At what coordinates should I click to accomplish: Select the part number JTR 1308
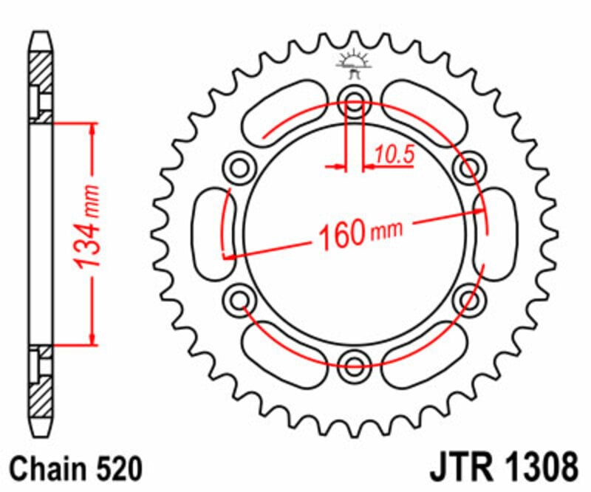502,468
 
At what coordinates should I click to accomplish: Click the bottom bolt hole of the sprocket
355,361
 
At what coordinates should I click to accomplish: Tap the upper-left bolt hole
239,168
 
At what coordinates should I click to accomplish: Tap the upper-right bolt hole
468,168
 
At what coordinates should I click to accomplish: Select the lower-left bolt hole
239,298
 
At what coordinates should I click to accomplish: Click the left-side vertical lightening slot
213,233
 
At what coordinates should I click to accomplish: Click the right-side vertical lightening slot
497,233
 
